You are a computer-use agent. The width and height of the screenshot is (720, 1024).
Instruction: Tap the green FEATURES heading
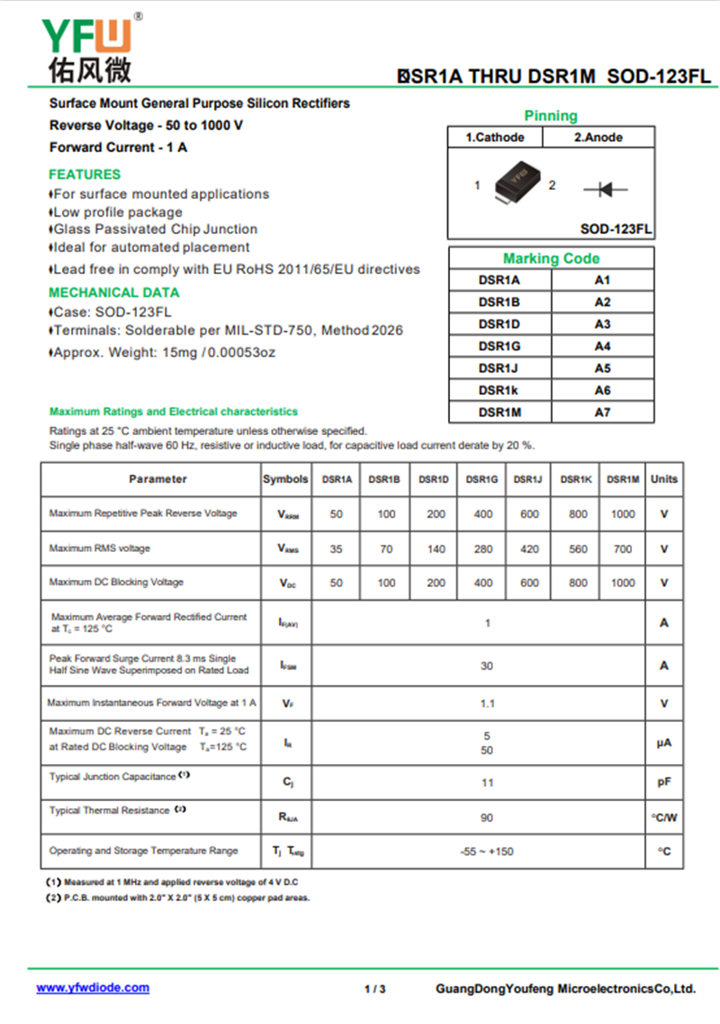(x=85, y=174)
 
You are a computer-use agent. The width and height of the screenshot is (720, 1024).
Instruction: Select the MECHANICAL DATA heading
(x=113, y=292)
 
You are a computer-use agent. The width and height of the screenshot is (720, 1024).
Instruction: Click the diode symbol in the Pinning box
(x=605, y=189)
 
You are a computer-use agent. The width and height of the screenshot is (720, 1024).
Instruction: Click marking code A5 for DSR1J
(x=602, y=368)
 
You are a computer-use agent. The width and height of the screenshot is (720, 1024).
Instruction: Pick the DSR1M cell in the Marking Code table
(x=499, y=412)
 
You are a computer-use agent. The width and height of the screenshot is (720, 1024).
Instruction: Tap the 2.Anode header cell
(x=598, y=138)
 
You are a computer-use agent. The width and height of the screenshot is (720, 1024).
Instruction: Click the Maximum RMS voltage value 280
(x=482, y=548)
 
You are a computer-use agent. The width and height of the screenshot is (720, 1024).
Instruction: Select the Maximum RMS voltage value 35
(x=337, y=548)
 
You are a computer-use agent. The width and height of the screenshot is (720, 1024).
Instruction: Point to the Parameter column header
(x=157, y=479)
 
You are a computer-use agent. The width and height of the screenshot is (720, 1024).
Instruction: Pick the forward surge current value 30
(x=487, y=665)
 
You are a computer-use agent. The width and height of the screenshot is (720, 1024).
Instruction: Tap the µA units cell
(x=664, y=743)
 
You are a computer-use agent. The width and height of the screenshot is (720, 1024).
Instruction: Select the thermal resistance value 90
(x=487, y=817)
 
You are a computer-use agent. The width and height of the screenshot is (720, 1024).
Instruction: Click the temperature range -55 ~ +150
(x=487, y=850)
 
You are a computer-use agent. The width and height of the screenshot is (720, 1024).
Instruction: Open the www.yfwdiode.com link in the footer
(x=93, y=987)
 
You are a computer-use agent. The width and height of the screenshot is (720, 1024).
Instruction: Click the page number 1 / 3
(x=374, y=989)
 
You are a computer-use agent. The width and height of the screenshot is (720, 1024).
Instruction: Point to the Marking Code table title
(x=551, y=259)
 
